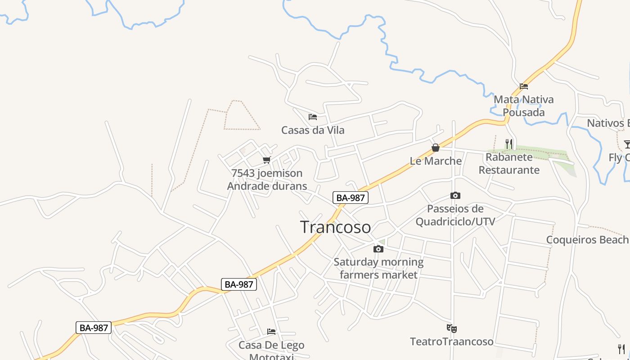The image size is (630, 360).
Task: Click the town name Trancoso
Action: tap(335, 227)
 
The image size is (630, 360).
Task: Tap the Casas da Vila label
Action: tap(313, 130)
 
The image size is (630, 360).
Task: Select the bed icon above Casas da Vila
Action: tap(313, 117)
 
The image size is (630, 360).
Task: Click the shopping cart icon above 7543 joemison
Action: tap(267, 160)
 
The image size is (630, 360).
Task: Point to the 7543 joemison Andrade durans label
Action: tap(267, 180)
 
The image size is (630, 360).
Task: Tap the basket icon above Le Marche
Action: tap(436, 148)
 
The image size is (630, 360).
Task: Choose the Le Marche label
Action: tap(436, 161)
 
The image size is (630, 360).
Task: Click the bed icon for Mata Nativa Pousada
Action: tap(524, 86)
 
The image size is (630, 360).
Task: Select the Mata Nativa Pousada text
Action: tap(524, 106)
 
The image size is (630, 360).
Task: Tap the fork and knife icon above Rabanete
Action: tap(509, 144)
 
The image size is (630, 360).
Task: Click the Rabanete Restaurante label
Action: tap(509, 163)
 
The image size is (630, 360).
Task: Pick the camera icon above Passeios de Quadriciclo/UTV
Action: tap(455, 195)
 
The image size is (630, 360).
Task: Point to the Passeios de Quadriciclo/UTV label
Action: tap(455, 215)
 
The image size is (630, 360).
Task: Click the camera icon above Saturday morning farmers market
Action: tap(378, 249)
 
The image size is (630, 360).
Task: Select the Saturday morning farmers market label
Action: tap(378, 268)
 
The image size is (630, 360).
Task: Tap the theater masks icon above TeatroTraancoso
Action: tap(452, 328)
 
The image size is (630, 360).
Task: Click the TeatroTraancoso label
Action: tap(452, 342)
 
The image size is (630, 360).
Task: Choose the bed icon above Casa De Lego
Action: tap(271, 332)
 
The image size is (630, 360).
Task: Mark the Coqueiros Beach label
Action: tap(588, 239)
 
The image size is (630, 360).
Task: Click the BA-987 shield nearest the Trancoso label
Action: tap(351, 197)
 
